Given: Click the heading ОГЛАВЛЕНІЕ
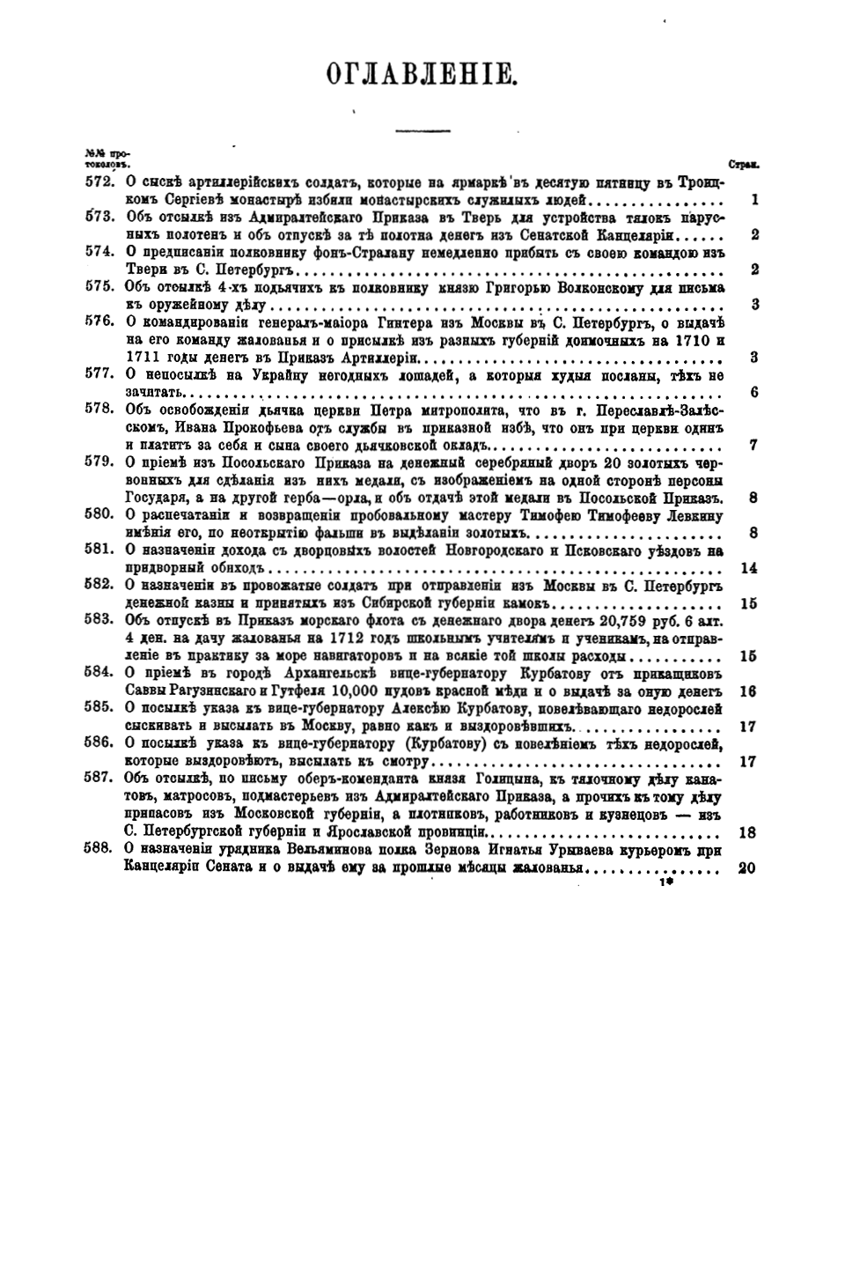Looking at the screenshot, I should pos(420,73).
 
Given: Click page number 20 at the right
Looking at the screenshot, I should pos(748,868).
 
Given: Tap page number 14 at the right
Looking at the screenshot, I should pos(749,568).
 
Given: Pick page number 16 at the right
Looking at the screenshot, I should pos(749,691).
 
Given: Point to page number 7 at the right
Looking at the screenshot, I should pos(753,445).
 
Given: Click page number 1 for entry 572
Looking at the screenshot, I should pos(754,200).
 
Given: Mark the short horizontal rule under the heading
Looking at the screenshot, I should pos(422,131).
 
